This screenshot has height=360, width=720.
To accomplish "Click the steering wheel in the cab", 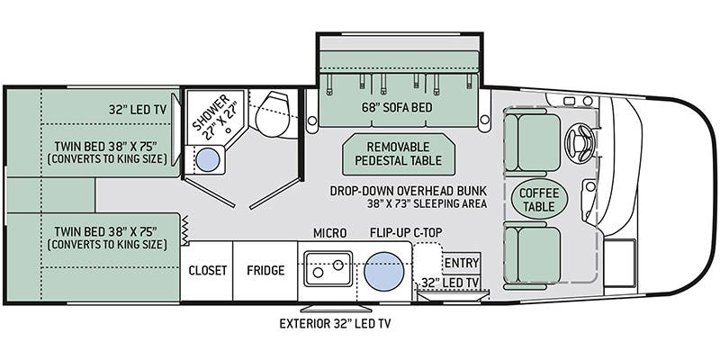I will [x=578, y=140].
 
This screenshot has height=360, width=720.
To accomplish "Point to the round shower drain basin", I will [x=208, y=160].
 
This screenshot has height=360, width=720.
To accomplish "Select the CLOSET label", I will [x=206, y=270].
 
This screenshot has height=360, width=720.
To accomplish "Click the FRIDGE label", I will [x=265, y=270].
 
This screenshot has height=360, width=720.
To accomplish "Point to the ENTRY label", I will [x=463, y=262].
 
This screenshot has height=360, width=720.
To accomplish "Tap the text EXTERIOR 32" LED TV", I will [x=339, y=322].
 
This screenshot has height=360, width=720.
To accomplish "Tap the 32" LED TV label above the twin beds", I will [x=139, y=109].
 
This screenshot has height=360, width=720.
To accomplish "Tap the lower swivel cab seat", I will [x=531, y=254].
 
